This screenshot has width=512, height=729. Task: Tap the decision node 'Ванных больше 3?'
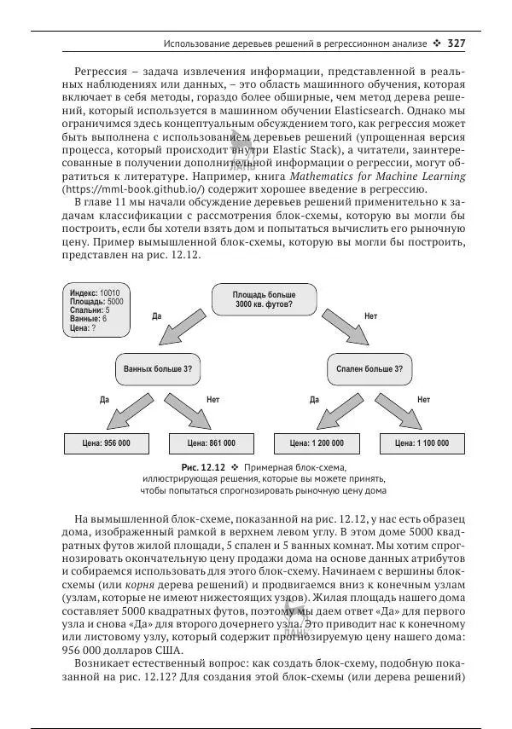pyautogui.click(x=157, y=369)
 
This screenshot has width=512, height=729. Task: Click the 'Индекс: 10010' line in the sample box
pyautogui.click(x=95, y=292)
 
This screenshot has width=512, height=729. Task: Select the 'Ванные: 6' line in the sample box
pyautogui.click(x=89, y=318)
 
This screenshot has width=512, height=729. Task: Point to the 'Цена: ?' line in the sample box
pyautogui.click(x=84, y=327)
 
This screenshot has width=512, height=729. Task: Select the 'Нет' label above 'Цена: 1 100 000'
pyautogui.click(x=423, y=398)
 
